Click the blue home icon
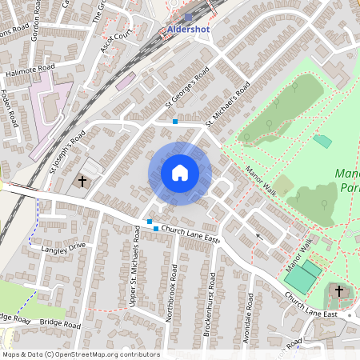[x=179, y=173]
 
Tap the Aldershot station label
[x=190, y=30]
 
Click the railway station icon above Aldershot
[x=188, y=16]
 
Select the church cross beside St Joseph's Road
[x=82, y=182]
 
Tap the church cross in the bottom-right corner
[x=338, y=291]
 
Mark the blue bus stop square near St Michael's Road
[x=175, y=122]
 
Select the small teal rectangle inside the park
[x=322, y=141]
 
